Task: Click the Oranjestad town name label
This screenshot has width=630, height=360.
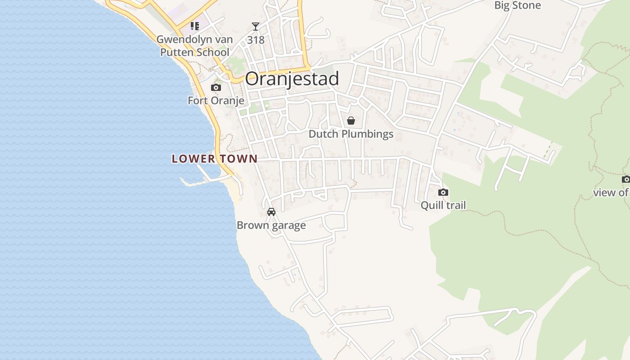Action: point(292,79)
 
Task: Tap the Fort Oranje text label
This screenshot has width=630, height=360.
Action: point(216,100)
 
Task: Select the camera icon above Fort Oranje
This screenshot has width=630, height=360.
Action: point(216,88)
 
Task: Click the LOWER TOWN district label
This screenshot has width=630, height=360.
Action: point(215,158)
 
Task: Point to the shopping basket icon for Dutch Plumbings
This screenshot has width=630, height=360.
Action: point(351,121)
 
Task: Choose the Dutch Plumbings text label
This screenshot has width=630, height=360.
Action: point(351,134)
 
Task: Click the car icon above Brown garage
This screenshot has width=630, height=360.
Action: point(271,212)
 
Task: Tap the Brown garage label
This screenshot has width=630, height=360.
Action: point(271,225)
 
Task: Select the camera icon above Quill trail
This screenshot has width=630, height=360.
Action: point(443,193)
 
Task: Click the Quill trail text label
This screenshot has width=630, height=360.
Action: point(443,205)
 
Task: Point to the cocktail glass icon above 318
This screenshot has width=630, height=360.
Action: point(256,27)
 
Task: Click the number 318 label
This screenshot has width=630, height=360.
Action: point(256,40)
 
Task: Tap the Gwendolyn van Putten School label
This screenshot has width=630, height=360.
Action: point(195,45)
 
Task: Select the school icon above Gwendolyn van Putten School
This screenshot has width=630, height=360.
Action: point(195,26)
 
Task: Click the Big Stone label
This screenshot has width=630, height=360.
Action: point(517,5)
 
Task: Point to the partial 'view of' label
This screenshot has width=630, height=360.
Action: point(611,193)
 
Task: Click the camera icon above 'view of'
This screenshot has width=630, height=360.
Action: point(626,180)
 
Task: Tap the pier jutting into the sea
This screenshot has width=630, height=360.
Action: point(198,183)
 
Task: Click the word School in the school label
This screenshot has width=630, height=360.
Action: point(212,52)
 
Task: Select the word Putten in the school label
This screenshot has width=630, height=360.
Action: point(177,52)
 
